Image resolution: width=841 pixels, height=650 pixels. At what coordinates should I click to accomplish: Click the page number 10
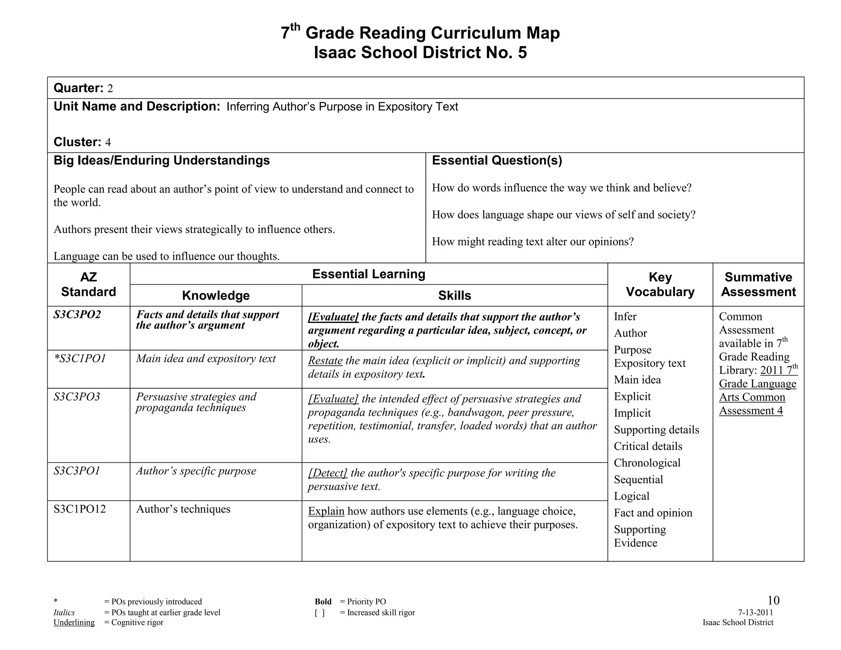pos(773,600)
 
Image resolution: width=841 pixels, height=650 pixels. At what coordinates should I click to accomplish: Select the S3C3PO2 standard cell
pos(77,315)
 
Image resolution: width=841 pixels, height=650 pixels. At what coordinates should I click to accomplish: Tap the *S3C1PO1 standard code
pos(80,359)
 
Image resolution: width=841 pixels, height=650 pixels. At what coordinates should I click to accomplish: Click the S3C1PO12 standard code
pos(80,509)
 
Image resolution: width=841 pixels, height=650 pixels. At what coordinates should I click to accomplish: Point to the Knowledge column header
pos(216,295)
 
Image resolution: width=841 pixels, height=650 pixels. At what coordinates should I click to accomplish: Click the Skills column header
pos(454,295)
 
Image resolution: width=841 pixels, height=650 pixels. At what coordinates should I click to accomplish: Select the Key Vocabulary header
pos(660,284)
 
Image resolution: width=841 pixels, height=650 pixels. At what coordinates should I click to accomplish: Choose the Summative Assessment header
pos(758,284)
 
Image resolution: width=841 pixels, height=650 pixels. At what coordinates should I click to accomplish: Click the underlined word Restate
pos(325,361)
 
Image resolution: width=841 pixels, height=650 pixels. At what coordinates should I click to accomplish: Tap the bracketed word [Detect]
pos(328,473)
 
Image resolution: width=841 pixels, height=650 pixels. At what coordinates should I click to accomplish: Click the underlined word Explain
pos(326,511)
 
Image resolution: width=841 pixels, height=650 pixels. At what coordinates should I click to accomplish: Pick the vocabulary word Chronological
pos(647,463)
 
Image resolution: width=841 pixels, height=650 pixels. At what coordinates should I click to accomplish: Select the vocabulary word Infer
pos(625,317)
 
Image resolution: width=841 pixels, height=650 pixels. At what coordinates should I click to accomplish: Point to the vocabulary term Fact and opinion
pos(653,513)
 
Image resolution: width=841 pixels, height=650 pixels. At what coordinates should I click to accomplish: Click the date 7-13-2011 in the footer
pos(755,613)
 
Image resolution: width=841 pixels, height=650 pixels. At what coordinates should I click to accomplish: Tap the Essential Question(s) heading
pos(497,160)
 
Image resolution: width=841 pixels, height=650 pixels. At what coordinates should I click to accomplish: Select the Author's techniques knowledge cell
pos(183,509)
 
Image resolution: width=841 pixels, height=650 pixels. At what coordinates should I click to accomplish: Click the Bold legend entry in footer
pos(323,602)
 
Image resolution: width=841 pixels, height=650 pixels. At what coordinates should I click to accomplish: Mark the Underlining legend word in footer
pos(74,622)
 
